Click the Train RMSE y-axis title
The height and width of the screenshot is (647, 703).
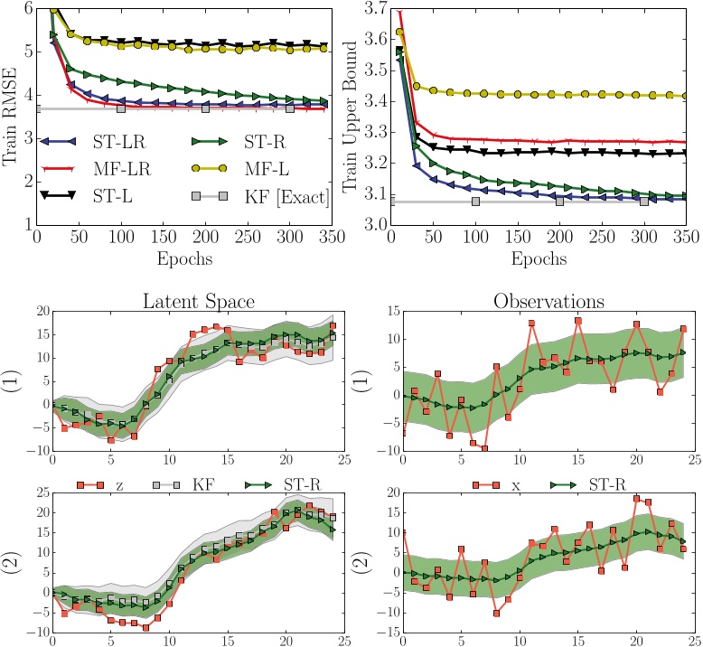pyautogui.click(x=11, y=113)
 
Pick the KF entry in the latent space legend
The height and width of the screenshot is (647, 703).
pyautogui.click(x=192, y=483)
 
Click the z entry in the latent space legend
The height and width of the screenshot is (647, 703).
pyautogui.click(x=116, y=483)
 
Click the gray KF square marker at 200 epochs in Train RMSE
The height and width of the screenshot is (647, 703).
pyautogui.click(x=205, y=109)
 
